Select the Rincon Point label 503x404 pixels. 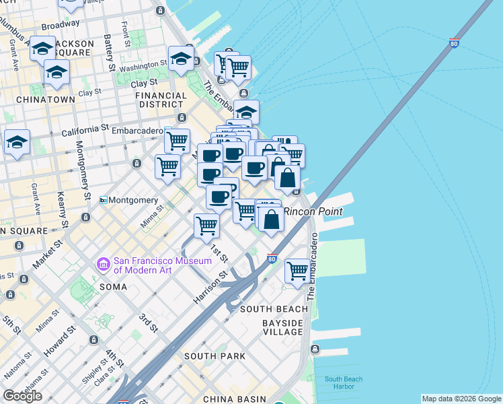[x=313, y=211]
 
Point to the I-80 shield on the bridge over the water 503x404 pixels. [x=454, y=44]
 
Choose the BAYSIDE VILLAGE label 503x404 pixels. [x=282, y=327]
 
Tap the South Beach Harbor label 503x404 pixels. [x=344, y=383]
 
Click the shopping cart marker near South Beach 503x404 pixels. [x=297, y=271]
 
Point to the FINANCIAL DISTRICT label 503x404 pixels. [x=161, y=100]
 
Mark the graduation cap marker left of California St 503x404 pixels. [x=17, y=142]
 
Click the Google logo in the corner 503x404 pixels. [x=22, y=395]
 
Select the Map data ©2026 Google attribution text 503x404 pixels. [x=461, y=399]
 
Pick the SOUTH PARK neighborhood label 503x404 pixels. [x=214, y=356]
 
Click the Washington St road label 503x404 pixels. [x=144, y=66]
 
